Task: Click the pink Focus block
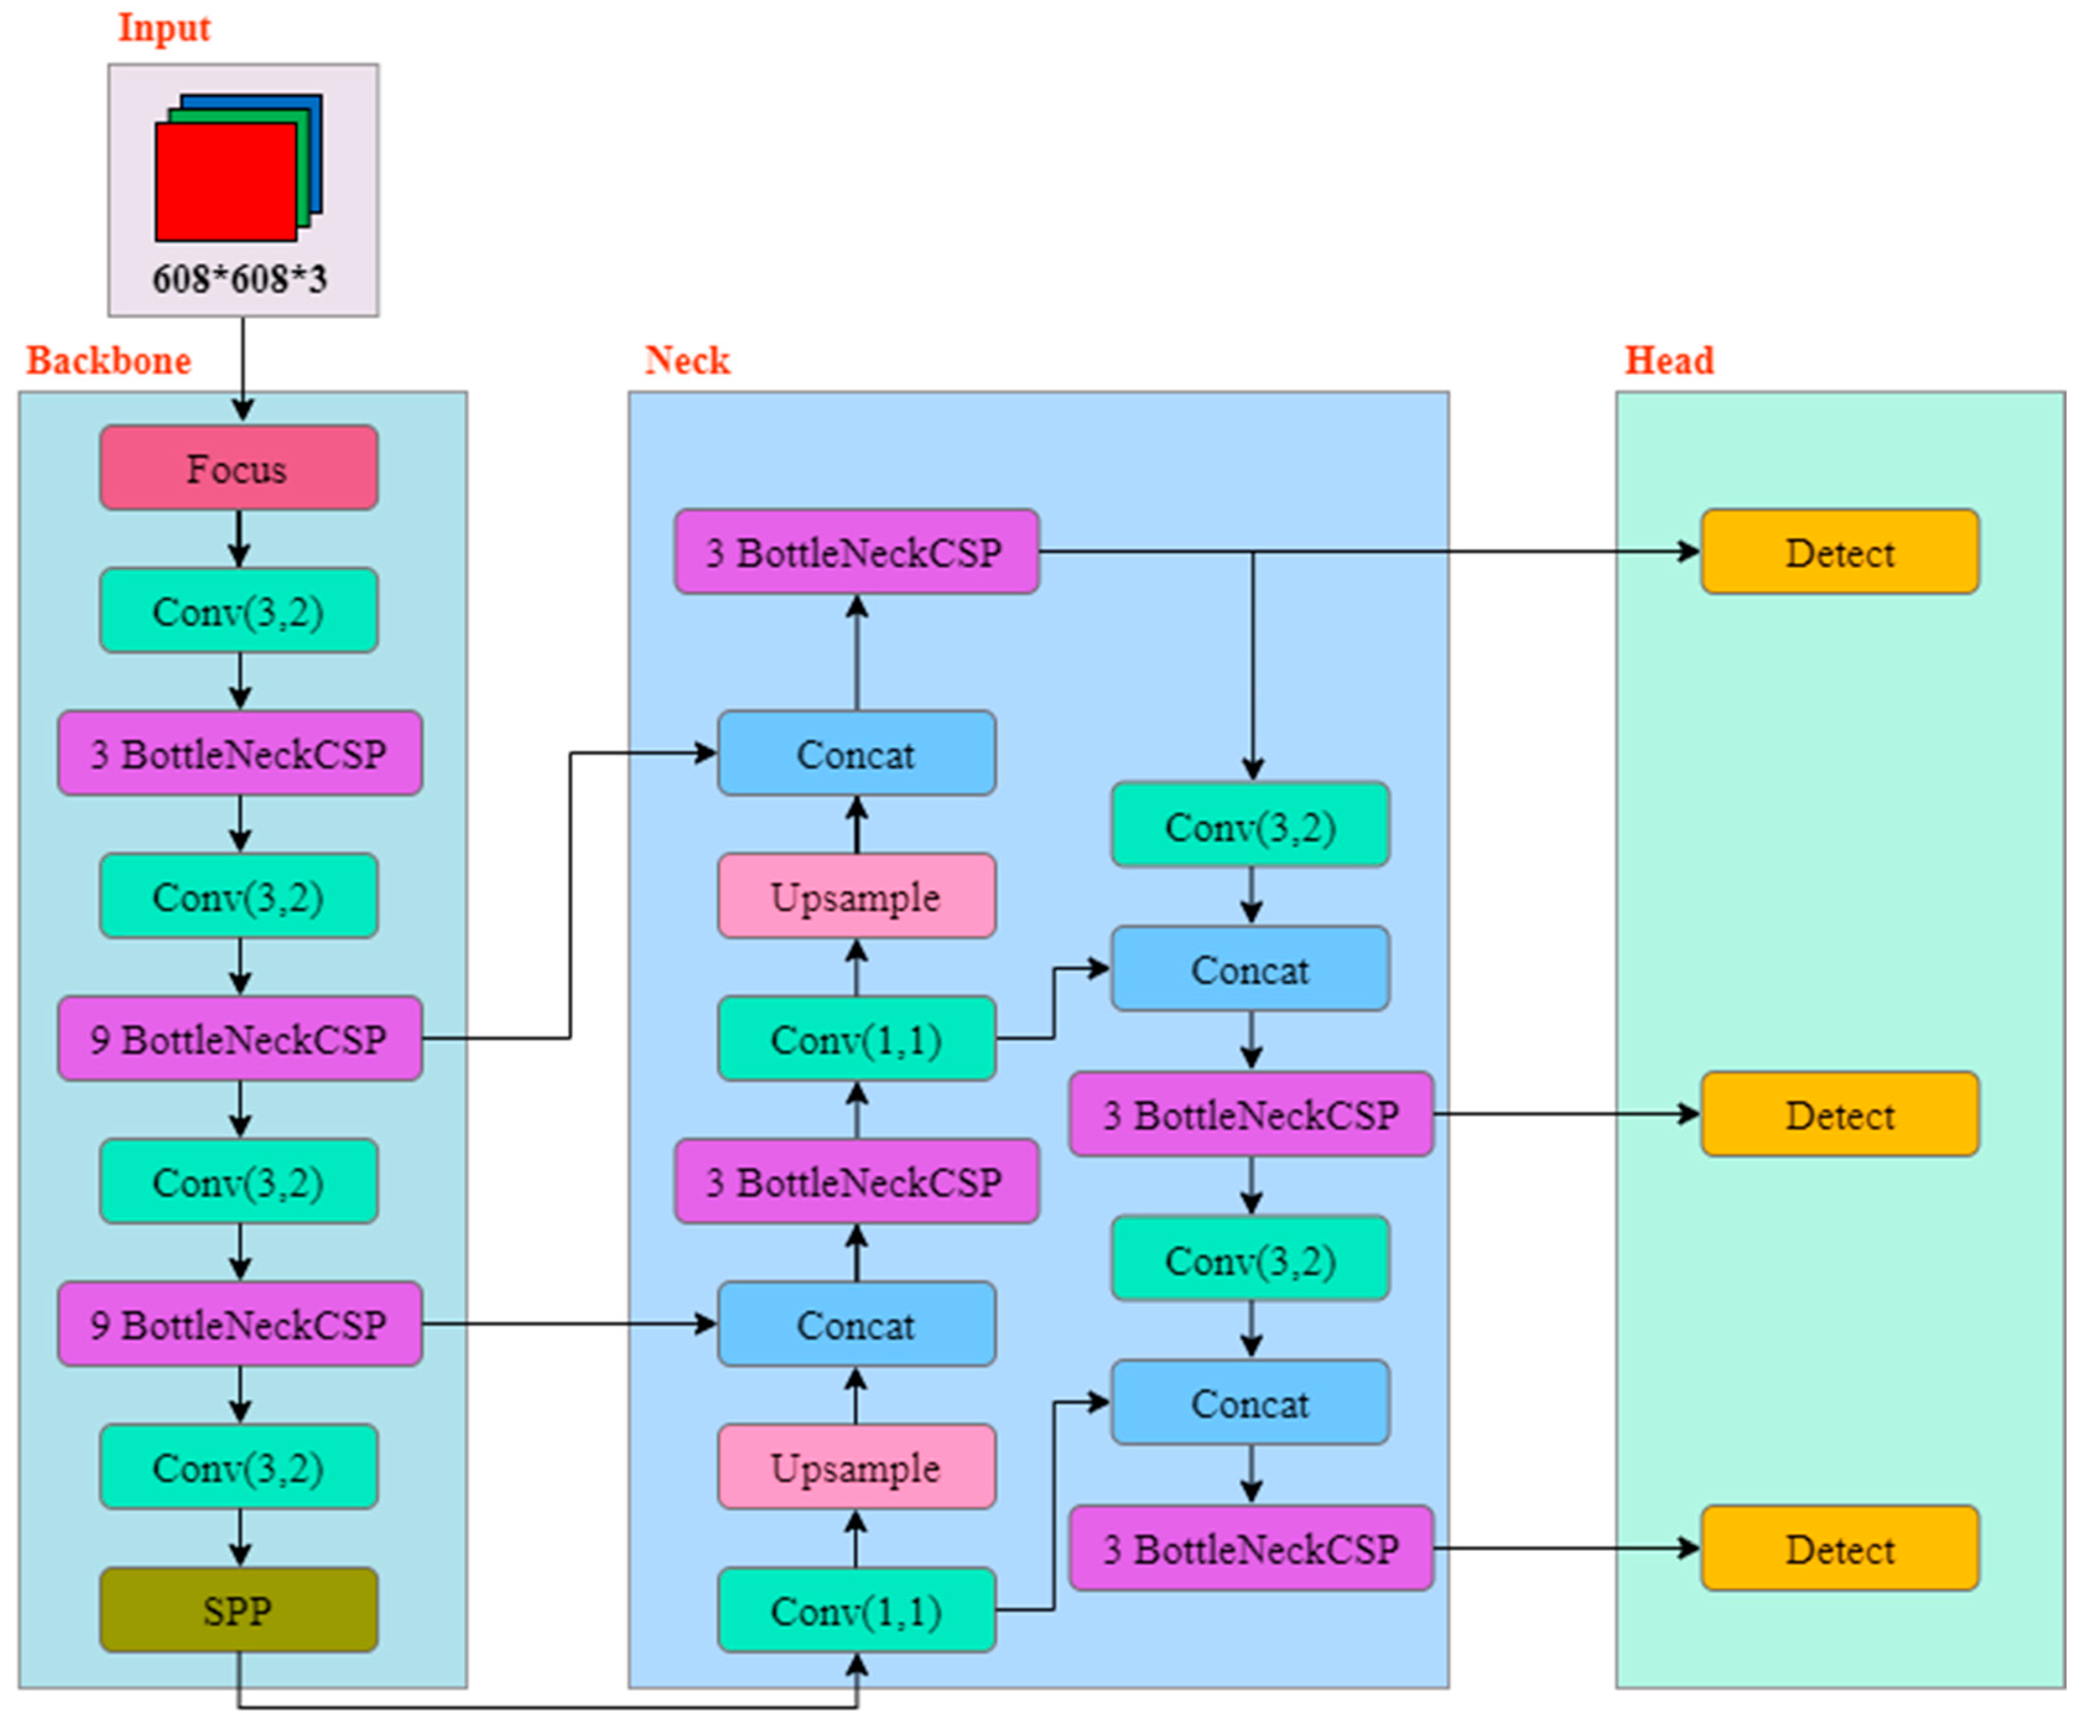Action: (x=238, y=468)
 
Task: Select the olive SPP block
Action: (x=238, y=1610)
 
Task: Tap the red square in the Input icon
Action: (x=224, y=181)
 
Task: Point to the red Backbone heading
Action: (x=108, y=360)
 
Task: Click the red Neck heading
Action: (x=687, y=360)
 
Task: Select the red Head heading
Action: (x=1669, y=360)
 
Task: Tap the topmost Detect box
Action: (x=1840, y=552)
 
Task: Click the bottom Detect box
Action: (x=1840, y=1548)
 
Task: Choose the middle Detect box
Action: (x=1840, y=1114)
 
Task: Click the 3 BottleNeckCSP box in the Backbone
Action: (x=240, y=754)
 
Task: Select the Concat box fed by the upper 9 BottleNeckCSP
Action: (x=856, y=754)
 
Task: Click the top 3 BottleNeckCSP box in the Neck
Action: (x=856, y=552)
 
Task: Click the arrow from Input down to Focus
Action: (x=242, y=367)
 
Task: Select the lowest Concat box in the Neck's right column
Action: (x=1250, y=1403)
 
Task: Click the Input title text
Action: (x=164, y=28)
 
